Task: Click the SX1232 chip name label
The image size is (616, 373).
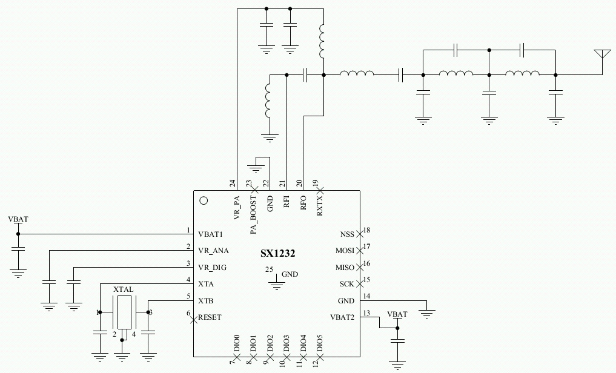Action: [274, 254]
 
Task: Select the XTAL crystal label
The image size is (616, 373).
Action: [123, 290]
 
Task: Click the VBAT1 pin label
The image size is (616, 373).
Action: [211, 234]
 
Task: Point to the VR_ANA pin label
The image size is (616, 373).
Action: [213, 250]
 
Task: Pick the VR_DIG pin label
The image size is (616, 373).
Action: [213, 266]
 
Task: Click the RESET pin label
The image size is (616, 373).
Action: [210, 317]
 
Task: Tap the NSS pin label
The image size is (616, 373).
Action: [346, 234]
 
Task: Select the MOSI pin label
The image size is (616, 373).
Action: [345, 250]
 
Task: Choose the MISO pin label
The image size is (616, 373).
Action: [345, 267]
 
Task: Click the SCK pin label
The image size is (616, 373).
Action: [346, 283]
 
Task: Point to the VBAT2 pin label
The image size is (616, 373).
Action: [342, 317]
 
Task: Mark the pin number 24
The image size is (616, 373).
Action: [233, 183]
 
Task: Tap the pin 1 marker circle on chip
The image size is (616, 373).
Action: [204, 200]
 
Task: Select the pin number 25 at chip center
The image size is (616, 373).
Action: [267, 269]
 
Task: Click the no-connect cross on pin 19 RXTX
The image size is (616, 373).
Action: [320, 189]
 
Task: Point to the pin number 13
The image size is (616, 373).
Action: [366, 313]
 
